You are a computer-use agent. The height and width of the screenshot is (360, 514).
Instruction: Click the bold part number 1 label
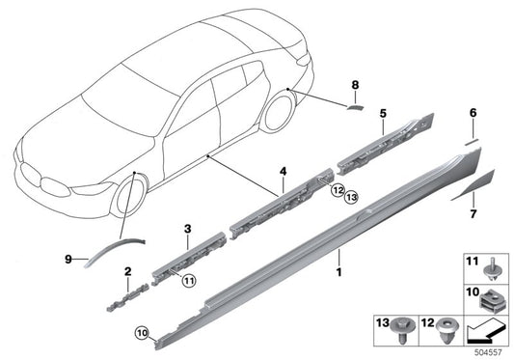pos(339,260)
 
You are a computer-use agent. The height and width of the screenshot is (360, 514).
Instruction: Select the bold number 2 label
pos(127,274)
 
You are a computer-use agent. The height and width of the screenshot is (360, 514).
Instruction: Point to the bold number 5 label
pos(383,113)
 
